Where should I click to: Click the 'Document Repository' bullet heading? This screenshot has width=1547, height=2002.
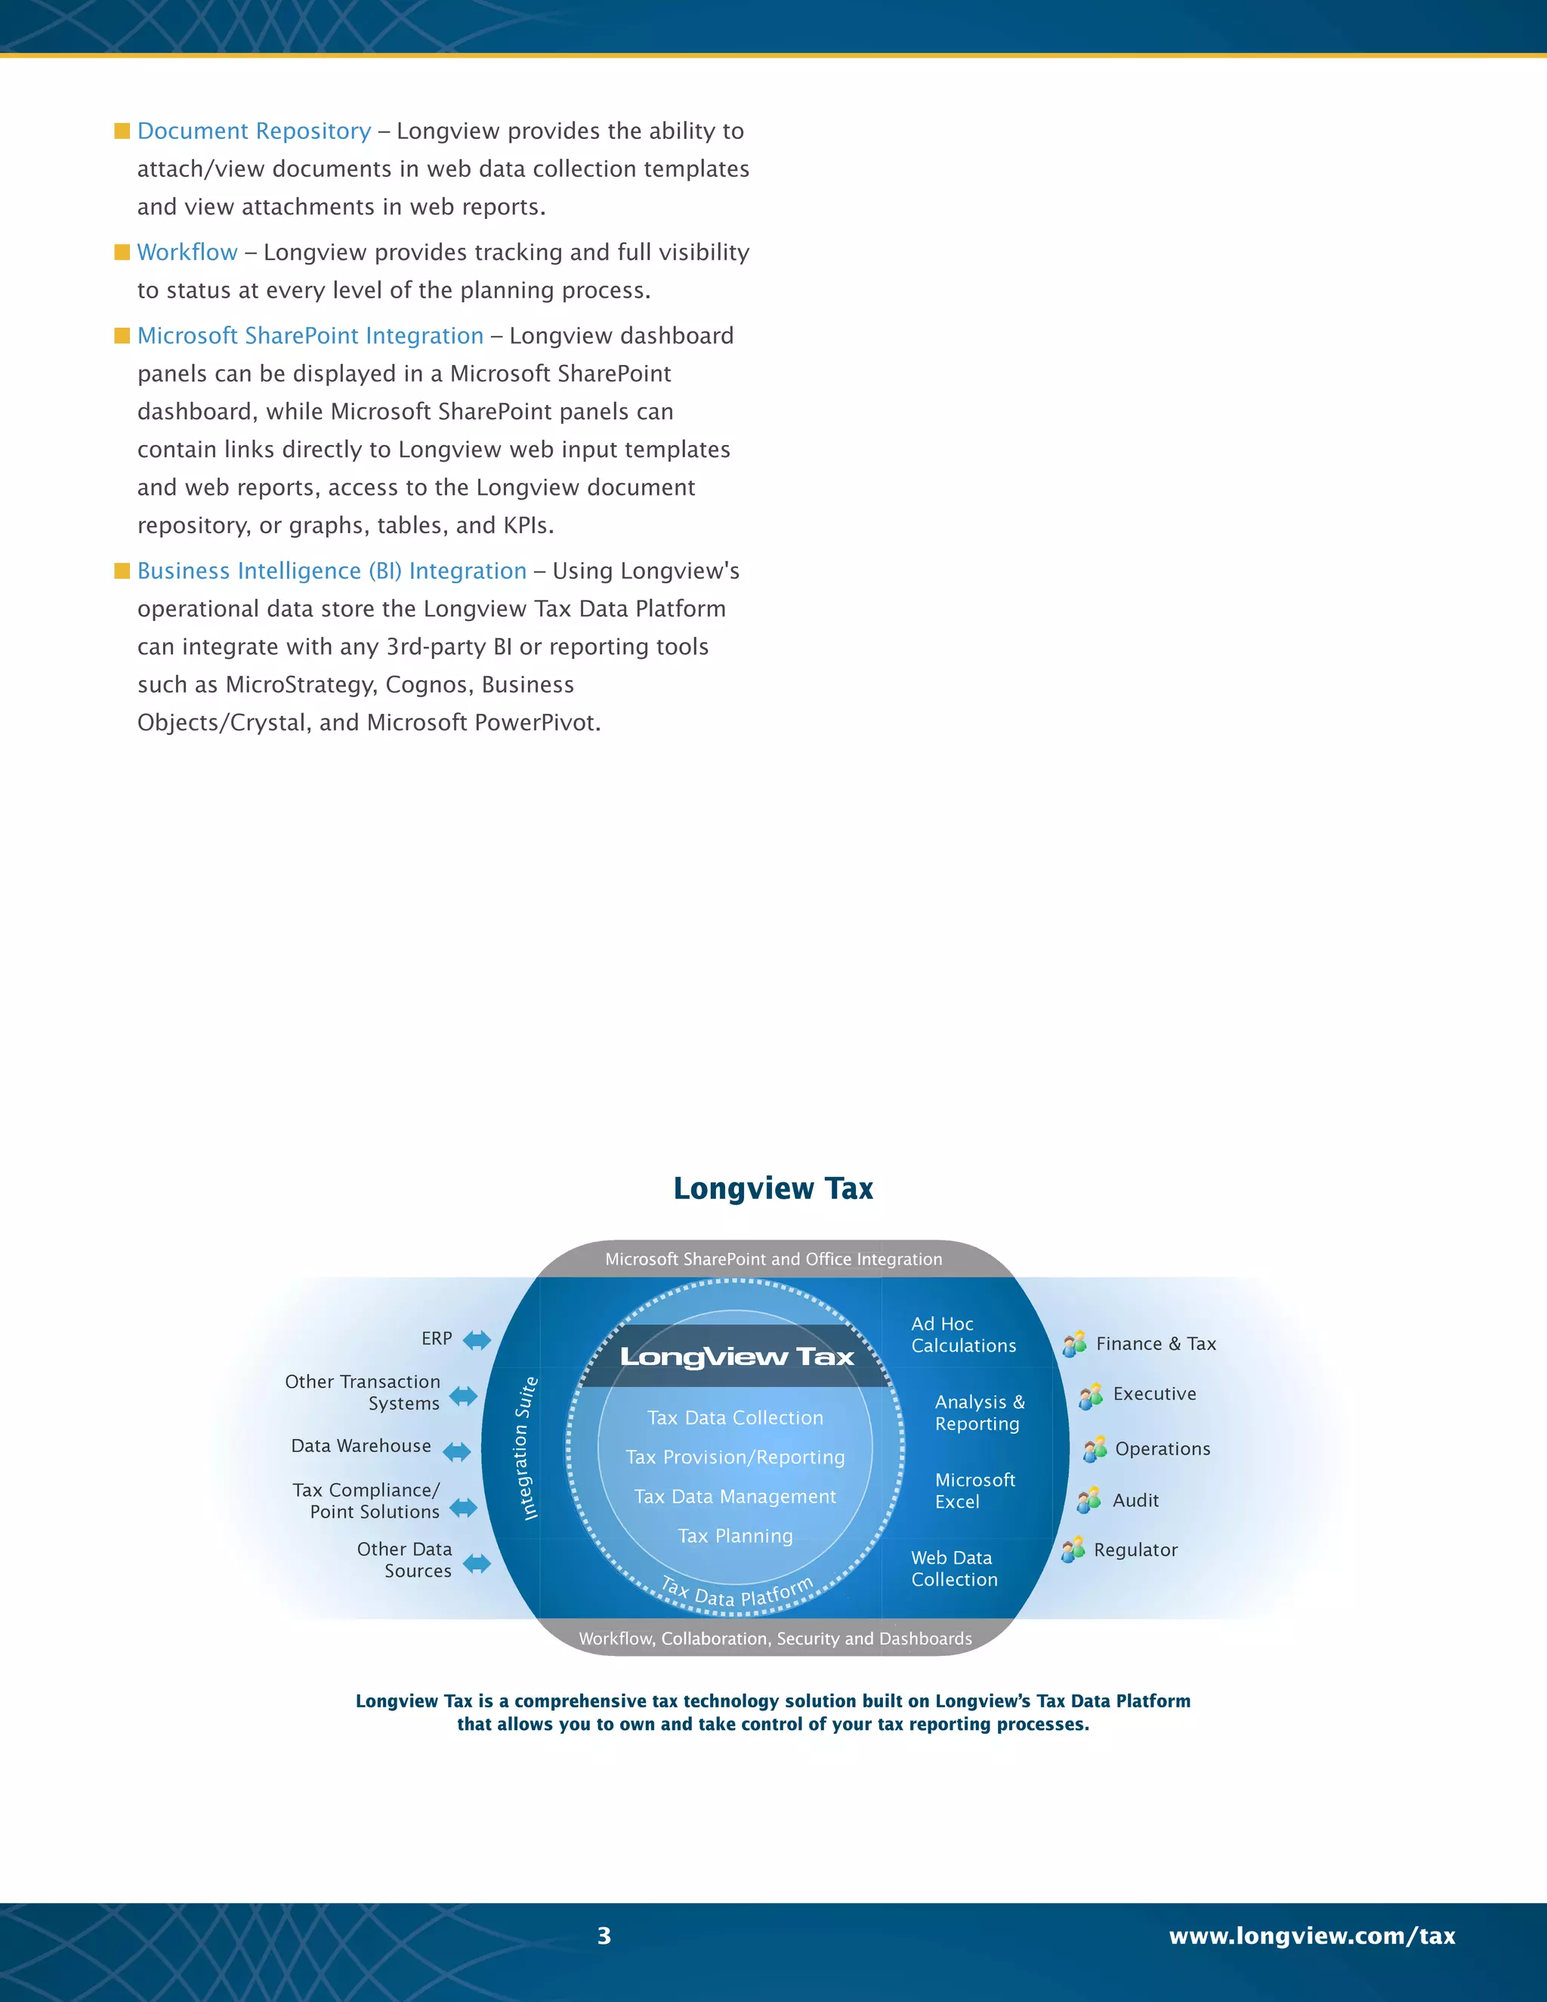pyautogui.click(x=254, y=131)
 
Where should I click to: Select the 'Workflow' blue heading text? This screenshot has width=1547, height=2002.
pyautogui.click(x=187, y=252)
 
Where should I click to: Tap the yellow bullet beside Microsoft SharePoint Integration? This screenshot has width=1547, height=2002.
pyautogui.click(x=122, y=335)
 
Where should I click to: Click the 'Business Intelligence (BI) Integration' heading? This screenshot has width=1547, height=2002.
pyautogui.click(x=332, y=571)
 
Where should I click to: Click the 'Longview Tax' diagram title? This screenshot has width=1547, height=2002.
pyautogui.click(x=773, y=1188)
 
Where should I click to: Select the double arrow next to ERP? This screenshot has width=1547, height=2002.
pyautogui.click(x=477, y=1340)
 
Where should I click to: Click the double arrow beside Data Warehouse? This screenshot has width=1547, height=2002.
pyautogui.click(x=456, y=1451)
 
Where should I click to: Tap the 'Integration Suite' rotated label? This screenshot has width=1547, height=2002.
pyautogui.click(x=526, y=1448)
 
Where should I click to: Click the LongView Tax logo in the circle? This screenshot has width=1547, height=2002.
pyautogui.click(x=736, y=1357)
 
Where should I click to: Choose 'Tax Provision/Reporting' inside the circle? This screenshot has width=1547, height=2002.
pyautogui.click(x=735, y=1457)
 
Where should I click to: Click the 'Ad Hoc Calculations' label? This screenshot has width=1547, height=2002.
pyautogui.click(x=963, y=1335)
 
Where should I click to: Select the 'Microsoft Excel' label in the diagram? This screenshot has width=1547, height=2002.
pyautogui.click(x=974, y=1491)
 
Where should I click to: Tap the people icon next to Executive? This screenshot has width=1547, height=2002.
pyautogui.click(x=1091, y=1396)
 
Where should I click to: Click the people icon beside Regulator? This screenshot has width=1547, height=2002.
pyautogui.click(x=1073, y=1550)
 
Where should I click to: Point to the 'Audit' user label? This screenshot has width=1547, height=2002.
pyautogui.click(x=1135, y=1500)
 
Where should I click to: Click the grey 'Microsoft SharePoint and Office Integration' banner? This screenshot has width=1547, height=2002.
pyautogui.click(x=773, y=1259)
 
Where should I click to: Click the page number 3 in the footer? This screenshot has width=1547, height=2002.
pyautogui.click(x=604, y=1936)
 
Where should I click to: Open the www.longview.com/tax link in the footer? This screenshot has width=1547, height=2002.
pyautogui.click(x=1311, y=1936)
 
